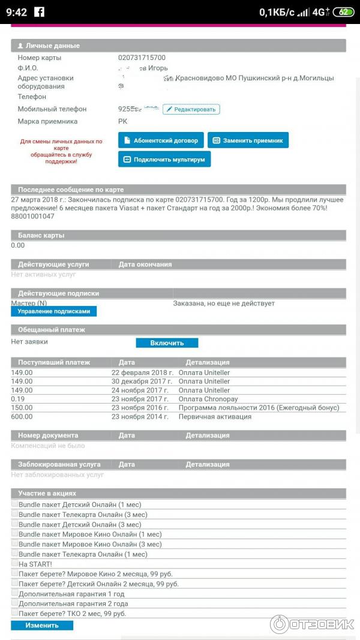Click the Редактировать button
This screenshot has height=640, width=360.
tap(191, 109)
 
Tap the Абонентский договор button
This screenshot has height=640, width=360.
tap(161, 140)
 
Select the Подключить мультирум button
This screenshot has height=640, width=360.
tap(164, 160)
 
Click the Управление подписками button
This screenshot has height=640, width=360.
tap(53, 311)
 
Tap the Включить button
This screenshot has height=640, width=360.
tap(167, 343)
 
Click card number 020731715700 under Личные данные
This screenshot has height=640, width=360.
tap(142, 58)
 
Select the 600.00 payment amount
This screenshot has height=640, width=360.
tap(22, 416)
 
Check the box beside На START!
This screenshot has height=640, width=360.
tap(14, 564)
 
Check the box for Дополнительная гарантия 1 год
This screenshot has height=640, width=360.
tap(14, 593)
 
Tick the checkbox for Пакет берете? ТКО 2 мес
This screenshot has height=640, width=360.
tap(14, 613)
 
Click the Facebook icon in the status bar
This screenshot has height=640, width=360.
tap(40, 12)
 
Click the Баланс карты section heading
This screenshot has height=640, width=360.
tap(41, 236)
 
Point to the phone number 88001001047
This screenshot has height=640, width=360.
tap(32, 217)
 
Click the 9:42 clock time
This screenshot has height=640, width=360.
tap(16, 12)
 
